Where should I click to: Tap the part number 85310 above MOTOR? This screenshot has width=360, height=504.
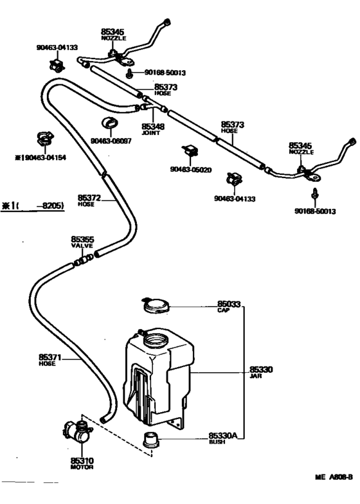tap(82, 460)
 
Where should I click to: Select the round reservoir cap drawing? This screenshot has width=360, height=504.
tap(155, 305)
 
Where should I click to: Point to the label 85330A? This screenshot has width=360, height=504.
tap(222, 436)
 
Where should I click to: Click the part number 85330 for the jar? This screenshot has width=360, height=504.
tap(261, 370)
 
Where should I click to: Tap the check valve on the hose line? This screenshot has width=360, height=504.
tap(84, 260)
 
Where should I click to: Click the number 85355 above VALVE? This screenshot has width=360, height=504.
tap(82, 239)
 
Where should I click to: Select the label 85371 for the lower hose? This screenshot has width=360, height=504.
tap(50, 357)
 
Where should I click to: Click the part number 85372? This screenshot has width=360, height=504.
tap(89, 198)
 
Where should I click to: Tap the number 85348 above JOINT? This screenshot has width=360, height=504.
tap(153, 126)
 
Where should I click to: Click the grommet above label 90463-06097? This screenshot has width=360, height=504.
tap(110, 123)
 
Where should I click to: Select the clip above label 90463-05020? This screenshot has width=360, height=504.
tap(190, 150)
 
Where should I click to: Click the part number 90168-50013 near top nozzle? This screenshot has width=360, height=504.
tap(165, 73)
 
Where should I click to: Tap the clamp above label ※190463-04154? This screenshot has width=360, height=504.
tap(45, 139)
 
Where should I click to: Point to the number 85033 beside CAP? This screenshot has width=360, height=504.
tap(229, 303)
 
